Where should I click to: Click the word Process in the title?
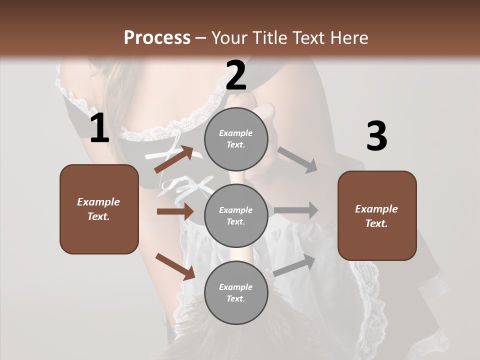click(157, 37)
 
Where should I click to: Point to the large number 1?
click(99, 128)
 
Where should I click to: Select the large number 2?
click(236, 75)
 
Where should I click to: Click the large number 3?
click(376, 136)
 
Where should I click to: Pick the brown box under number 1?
click(99, 209)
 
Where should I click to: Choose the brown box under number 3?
click(377, 215)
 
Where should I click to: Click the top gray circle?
click(236, 139)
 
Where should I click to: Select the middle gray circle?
click(236, 215)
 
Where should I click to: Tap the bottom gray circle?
click(236, 292)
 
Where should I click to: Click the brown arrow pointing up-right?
click(173, 159)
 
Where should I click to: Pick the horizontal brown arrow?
click(175, 211)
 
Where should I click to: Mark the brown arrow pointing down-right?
click(175, 266)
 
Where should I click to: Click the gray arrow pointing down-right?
click(297, 159)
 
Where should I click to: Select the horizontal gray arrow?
click(296, 210)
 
